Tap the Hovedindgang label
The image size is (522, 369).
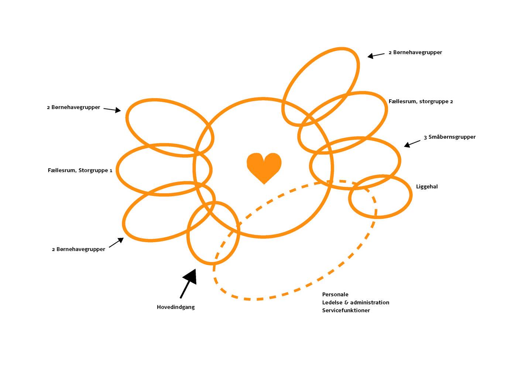point(176,307)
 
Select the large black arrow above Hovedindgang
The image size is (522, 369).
point(189,283)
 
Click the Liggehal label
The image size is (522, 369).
point(427,187)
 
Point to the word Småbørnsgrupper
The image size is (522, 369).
point(452,137)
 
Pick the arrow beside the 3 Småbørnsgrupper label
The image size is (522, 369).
point(412,144)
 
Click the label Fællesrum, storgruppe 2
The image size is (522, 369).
point(420,101)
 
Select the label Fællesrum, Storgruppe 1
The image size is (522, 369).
point(80,170)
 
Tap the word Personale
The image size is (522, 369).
point(335,294)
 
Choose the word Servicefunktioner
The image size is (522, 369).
point(346,310)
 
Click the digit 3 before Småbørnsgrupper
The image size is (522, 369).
point(425,137)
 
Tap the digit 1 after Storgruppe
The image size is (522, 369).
point(110,170)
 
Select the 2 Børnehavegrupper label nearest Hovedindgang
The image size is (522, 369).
point(78,249)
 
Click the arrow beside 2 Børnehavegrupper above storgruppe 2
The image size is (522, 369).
point(376,55)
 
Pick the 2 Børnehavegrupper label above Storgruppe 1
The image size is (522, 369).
point(73,107)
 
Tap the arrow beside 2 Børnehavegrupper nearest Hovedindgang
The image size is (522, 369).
point(116,242)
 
